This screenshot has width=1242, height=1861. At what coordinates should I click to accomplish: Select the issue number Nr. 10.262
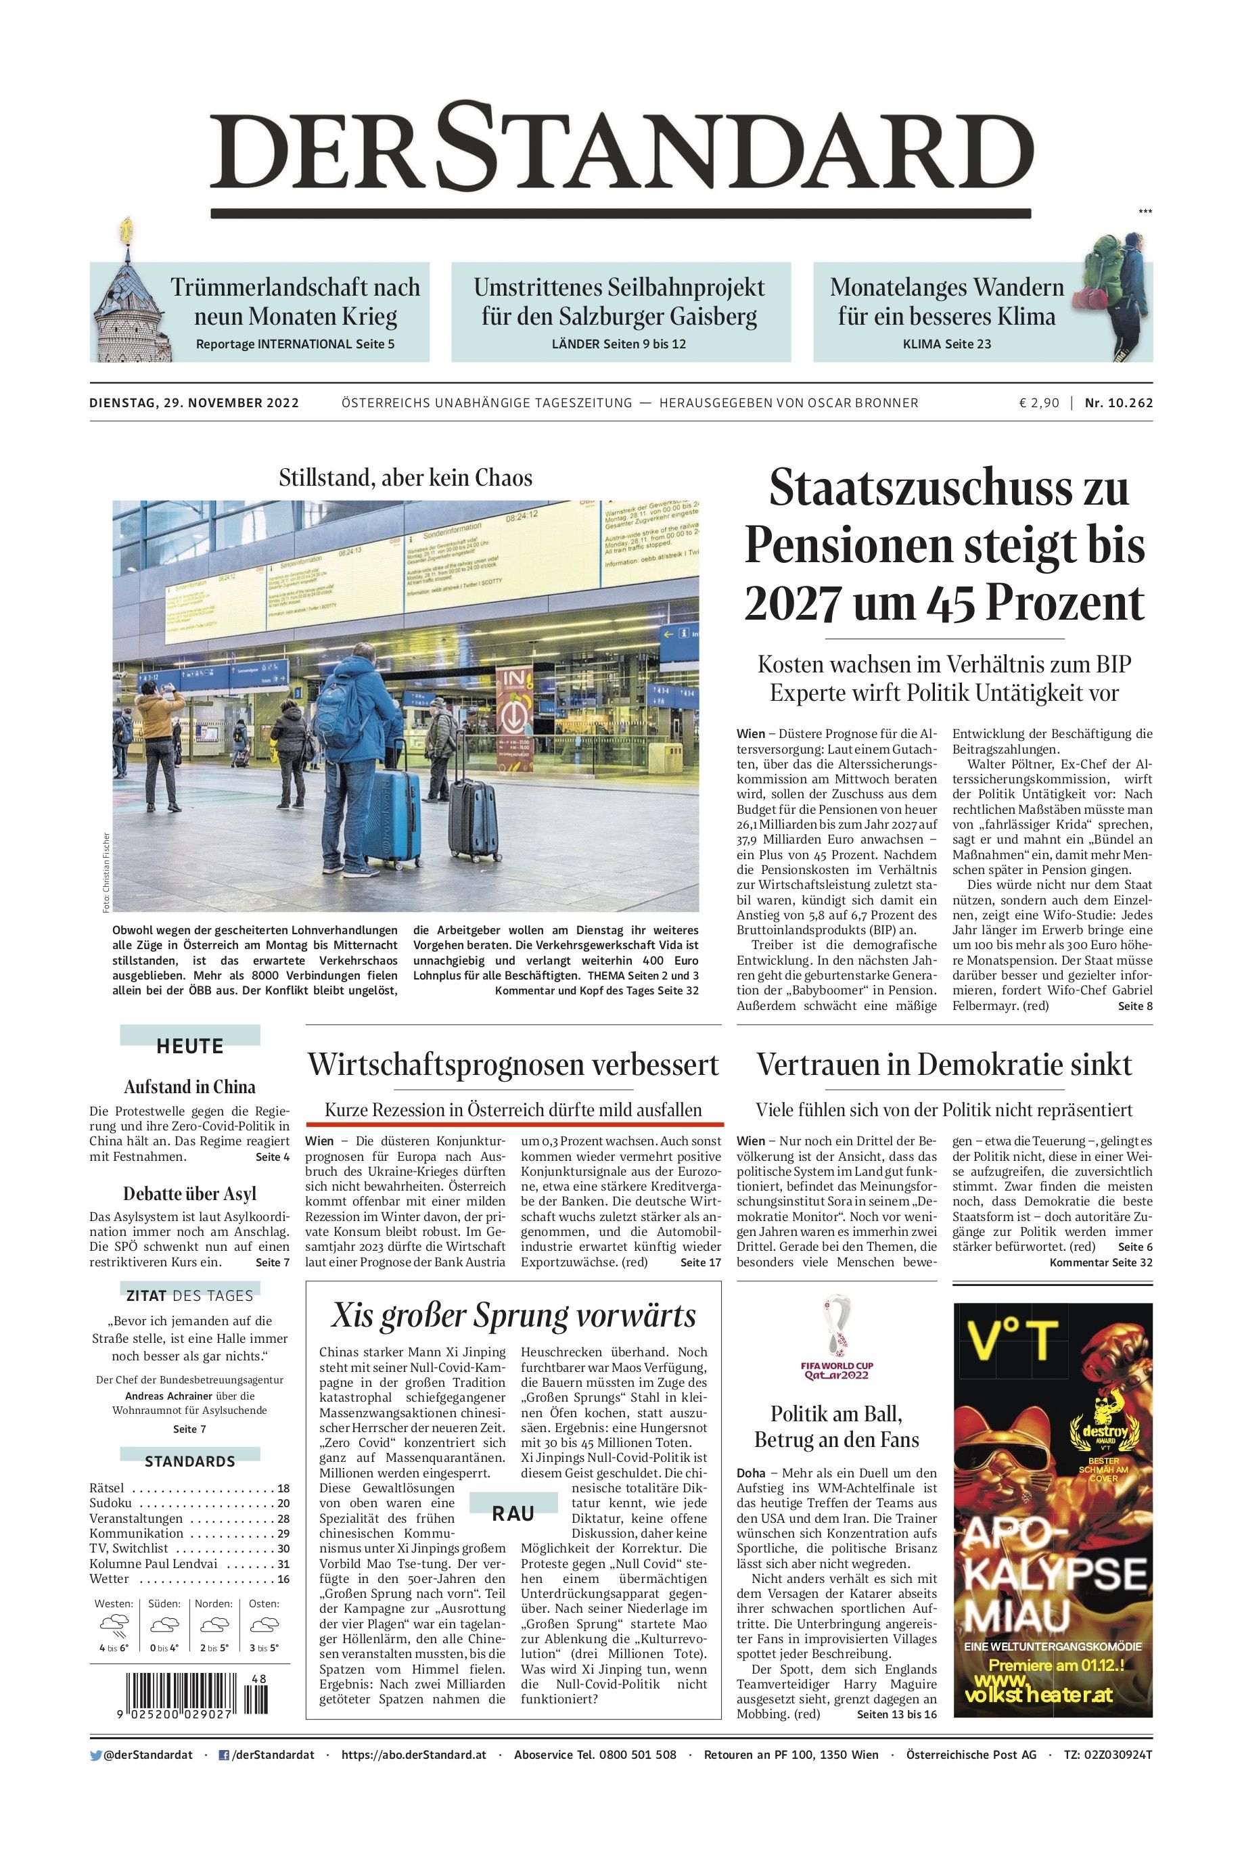coord(1118,403)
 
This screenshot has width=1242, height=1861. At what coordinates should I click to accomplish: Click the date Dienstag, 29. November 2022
coord(194,403)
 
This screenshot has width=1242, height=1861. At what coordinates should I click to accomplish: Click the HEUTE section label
coord(190,1045)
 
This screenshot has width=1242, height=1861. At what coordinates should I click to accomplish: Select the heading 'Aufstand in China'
coord(189,1086)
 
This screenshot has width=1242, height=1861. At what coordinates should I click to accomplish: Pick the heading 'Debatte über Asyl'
coord(189,1193)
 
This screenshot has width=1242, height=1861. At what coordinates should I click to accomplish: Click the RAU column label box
coord(513,1513)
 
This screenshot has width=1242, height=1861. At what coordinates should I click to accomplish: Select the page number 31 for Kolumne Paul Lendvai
coord(283,1563)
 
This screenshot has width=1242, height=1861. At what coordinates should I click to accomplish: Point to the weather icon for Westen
coord(113,1625)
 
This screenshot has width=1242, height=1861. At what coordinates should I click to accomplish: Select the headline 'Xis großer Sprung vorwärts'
coord(513,1316)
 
